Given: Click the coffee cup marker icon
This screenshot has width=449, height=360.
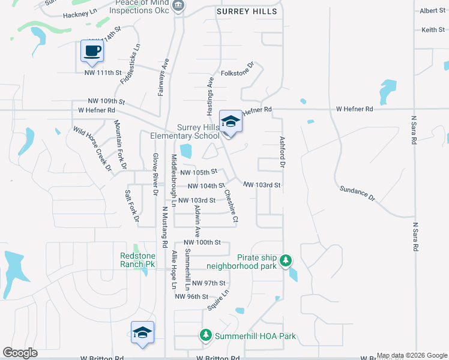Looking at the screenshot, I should click(x=92, y=50).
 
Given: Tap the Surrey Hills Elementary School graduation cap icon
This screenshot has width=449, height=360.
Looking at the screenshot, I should click(x=230, y=121).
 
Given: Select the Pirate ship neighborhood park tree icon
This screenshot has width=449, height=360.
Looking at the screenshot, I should click(x=287, y=260).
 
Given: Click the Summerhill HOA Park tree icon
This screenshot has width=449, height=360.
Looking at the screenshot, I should click(x=206, y=335).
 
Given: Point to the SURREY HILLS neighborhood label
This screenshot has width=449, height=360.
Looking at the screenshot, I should click(x=247, y=11).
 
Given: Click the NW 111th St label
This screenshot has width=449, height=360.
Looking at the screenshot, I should click(x=103, y=73).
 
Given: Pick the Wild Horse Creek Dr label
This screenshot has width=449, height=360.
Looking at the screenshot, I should click(x=92, y=148).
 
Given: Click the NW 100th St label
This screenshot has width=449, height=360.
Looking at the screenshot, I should click(x=203, y=242).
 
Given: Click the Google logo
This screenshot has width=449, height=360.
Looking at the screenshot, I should click(x=20, y=353).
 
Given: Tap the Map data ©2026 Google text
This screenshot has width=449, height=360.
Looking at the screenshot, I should click(x=412, y=355).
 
